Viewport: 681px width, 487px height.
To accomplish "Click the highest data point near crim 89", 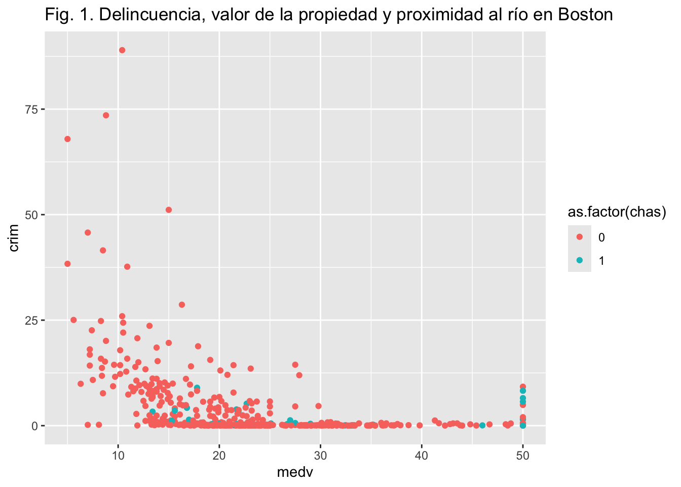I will [122, 50].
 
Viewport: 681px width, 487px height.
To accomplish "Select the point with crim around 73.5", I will [106, 115].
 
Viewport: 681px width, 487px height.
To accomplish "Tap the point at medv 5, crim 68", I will [67, 139].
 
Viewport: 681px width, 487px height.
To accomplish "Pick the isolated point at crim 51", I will [169, 210].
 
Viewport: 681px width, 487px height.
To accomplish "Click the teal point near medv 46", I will [482, 425].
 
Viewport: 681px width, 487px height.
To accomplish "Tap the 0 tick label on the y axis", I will [35, 426].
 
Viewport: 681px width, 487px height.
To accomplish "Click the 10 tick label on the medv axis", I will [118, 456].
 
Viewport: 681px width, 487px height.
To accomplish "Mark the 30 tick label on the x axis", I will [320, 456].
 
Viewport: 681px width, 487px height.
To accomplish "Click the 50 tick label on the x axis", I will [523, 456].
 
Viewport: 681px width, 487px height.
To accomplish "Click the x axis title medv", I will [295, 473].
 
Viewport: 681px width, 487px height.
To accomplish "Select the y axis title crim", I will [14, 238].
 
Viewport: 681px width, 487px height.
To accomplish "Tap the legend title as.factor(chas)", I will [616, 213].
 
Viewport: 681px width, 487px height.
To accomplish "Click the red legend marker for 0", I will [580, 237].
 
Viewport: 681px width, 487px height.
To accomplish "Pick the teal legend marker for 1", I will [580, 260].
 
